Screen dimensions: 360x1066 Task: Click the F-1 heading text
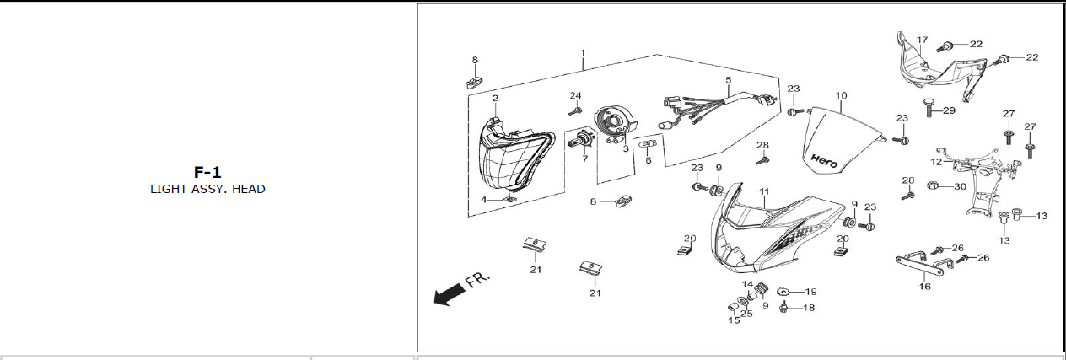[x=207, y=173]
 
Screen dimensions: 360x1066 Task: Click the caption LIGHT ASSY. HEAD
[x=207, y=189]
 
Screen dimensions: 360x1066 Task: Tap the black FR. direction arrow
[x=449, y=293]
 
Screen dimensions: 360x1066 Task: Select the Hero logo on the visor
[x=824, y=160]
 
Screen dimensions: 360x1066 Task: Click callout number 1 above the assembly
[x=583, y=52]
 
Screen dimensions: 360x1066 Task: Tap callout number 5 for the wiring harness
[x=728, y=80]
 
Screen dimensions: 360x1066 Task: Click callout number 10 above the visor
[x=841, y=95]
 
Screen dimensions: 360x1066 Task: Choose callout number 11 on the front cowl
[x=764, y=192]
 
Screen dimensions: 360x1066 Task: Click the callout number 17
[x=922, y=40]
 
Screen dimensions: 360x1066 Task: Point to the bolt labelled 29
[x=929, y=108]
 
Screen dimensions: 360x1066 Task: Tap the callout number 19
[x=811, y=291]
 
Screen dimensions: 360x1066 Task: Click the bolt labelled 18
[x=785, y=307]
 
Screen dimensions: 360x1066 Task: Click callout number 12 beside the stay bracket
[x=936, y=161]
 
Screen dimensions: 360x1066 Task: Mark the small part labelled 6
[x=649, y=144]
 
